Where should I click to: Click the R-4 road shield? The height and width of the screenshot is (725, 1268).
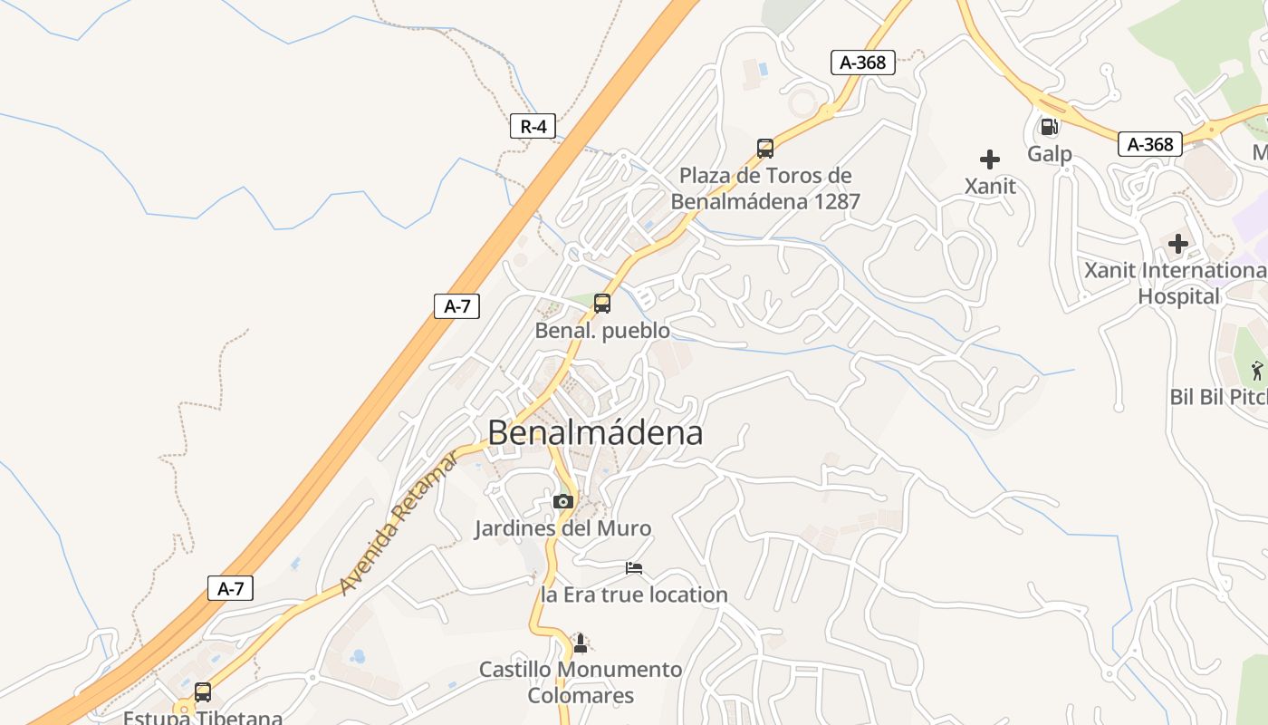click(x=533, y=126)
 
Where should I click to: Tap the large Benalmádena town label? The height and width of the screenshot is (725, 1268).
click(x=595, y=433)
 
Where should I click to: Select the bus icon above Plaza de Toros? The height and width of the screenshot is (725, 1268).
click(x=765, y=148)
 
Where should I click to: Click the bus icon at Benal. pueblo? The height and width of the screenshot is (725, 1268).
click(x=602, y=304)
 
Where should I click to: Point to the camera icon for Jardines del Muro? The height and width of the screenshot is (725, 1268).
click(x=563, y=501)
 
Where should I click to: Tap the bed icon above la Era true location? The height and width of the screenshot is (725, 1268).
click(x=634, y=568)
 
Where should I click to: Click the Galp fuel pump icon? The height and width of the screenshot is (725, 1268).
click(x=1049, y=127)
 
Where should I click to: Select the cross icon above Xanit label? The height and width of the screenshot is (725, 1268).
click(x=990, y=160)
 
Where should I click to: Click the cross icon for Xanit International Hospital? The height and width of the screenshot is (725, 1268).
click(x=1178, y=244)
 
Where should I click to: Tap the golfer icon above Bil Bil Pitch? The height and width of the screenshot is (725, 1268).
click(x=1257, y=370)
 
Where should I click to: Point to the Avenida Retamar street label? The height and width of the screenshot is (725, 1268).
click(x=399, y=523)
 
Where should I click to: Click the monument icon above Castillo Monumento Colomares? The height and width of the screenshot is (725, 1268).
click(x=581, y=643)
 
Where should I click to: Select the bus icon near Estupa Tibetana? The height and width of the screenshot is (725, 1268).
click(x=203, y=692)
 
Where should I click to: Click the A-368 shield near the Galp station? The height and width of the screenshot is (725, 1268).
click(x=1150, y=144)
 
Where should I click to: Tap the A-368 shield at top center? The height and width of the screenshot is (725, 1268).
click(x=863, y=63)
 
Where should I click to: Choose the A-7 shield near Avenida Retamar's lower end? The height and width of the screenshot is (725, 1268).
click(x=230, y=588)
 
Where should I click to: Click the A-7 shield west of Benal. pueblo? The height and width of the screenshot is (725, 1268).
click(x=456, y=305)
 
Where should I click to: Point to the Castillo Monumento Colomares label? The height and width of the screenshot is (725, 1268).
click(x=581, y=682)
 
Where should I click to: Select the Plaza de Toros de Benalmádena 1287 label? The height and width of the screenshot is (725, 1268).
click(x=765, y=188)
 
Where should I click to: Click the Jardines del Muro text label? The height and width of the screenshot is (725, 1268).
click(x=562, y=528)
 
